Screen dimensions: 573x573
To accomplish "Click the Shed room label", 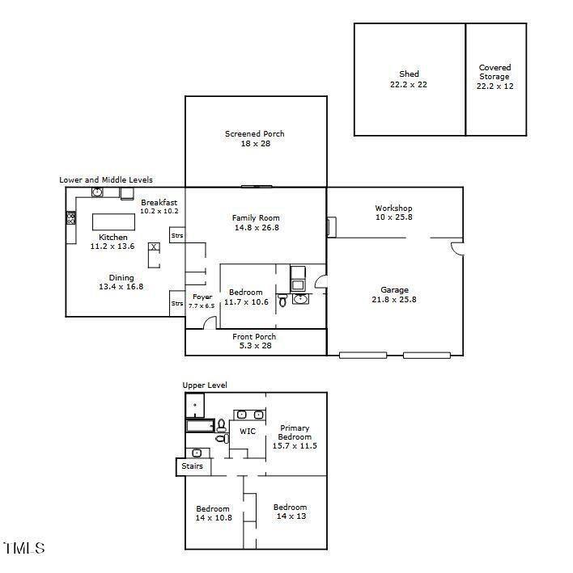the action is pyautogui.click(x=409, y=74).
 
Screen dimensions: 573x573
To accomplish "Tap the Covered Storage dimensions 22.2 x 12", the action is pyautogui.click(x=494, y=86).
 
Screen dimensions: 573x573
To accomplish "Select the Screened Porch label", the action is pyautogui.click(x=255, y=134).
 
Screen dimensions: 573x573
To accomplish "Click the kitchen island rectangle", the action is pyautogui.click(x=113, y=221).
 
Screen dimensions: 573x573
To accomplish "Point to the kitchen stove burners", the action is pyautogui.click(x=71, y=218).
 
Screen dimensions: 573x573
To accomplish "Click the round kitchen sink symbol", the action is pyautogui.click(x=97, y=192).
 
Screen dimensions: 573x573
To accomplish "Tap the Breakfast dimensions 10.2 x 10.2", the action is pyautogui.click(x=159, y=211).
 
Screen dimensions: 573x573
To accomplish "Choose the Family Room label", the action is pyautogui.click(x=256, y=217).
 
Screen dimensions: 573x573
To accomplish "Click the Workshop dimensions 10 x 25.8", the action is pyautogui.click(x=393, y=217).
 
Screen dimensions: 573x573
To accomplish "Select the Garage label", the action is pyautogui.click(x=394, y=290).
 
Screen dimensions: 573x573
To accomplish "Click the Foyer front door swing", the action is pyautogui.click(x=210, y=322).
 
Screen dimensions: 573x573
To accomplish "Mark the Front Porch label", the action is pyautogui.click(x=254, y=336).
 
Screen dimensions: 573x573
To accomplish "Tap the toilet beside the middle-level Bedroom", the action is pyautogui.click(x=282, y=301).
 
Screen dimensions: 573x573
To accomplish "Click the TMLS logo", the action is pyautogui.click(x=23, y=548).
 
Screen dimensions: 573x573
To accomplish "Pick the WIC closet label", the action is pyautogui.click(x=248, y=432).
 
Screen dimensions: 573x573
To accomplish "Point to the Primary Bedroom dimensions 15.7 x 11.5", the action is pyautogui.click(x=295, y=446).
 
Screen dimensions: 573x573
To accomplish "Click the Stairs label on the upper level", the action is pyautogui.click(x=192, y=466).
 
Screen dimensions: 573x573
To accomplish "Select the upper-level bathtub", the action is pyautogui.click(x=200, y=426).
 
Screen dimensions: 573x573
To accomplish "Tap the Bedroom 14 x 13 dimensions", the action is pyautogui.click(x=291, y=516).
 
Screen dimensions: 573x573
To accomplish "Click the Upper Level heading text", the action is pyautogui.click(x=205, y=386).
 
